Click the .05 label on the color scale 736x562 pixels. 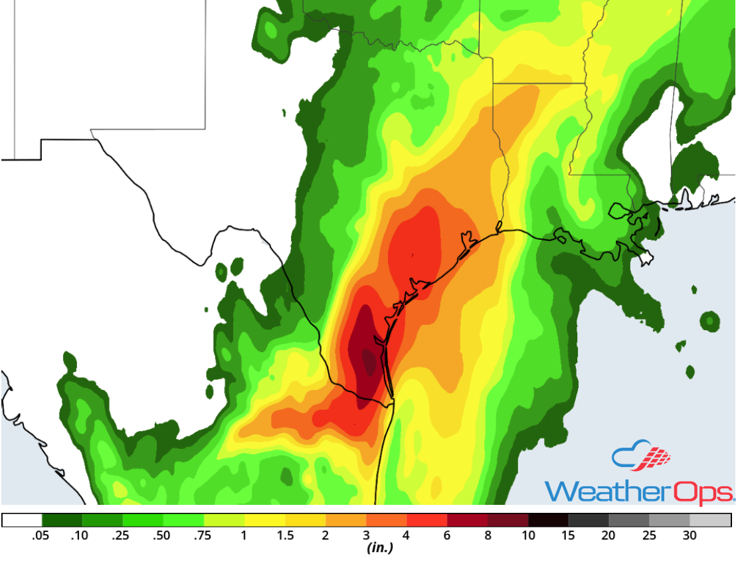pos(42,536)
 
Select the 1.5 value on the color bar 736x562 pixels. pos(285,536)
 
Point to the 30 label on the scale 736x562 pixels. pos(690,536)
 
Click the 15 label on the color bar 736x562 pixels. pos(569,536)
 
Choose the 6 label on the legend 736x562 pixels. pos(447,536)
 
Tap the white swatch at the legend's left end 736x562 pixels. pos(22,520)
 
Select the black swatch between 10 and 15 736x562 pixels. pos(548,520)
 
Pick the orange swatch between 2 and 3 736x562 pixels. pos(345,520)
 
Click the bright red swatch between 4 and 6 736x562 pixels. pos(426,520)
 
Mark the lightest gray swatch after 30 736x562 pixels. pos(710,520)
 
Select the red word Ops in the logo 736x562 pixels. pos(703,491)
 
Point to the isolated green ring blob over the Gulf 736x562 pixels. pos(710,322)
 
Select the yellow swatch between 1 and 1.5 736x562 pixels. pos(264,520)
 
